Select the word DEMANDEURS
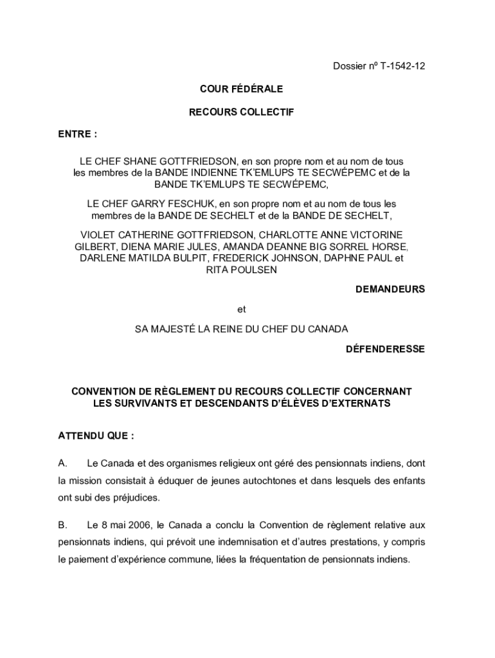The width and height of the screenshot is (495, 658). (390, 289)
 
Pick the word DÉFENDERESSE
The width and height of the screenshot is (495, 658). (385, 349)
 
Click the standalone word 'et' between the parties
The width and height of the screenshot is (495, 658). (241, 309)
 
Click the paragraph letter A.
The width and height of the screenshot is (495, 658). (62, 463)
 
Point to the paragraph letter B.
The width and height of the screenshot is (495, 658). (62, 525)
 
